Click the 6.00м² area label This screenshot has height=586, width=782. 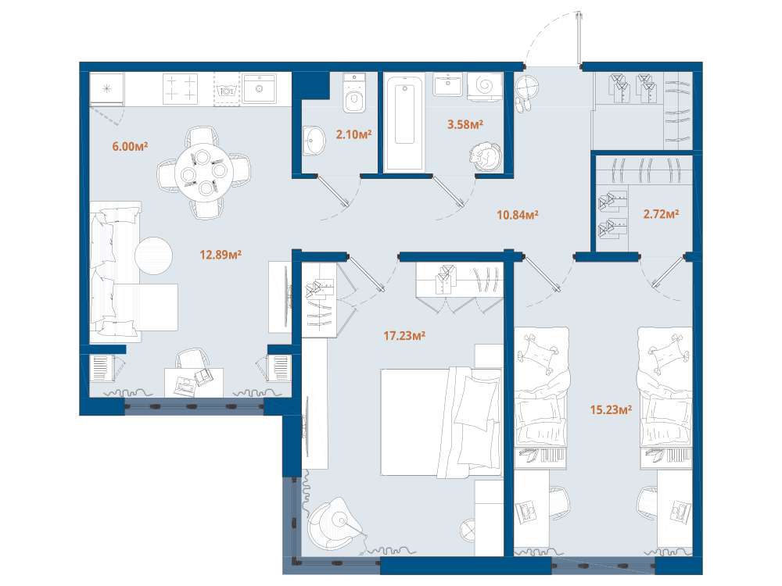(x=130, y=147)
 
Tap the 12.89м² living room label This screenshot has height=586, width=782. (x=221, y=255)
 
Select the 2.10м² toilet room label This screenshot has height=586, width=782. (x=353, y=134)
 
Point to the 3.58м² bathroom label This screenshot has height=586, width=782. (x=465, y=124)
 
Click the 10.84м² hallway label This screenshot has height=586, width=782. (x=518, y=215)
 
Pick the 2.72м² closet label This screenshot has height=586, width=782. (x=661, y=214)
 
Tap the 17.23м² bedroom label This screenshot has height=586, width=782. (x=404, y=336)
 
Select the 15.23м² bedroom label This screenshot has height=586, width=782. (x=611, y=409)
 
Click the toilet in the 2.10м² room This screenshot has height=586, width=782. (x=354, y=93)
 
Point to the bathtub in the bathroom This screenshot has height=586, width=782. (x=404, y=122)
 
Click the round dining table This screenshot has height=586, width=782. (x=204, y=173)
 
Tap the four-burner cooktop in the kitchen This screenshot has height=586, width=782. (x=180, y=89)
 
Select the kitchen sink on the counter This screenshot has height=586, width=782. (x=260, y=89)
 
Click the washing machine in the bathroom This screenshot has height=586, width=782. (x=485, y=86)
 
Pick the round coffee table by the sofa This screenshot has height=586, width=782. (x=153, y=255)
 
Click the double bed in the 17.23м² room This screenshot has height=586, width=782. (x=441, y=423)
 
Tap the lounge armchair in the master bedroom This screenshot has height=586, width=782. (x=332, y=523)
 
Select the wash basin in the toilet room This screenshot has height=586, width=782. (x=314, y=141)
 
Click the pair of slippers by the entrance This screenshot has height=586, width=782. (x=523, y=105)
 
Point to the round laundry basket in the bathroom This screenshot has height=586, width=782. (x=485, y=156)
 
